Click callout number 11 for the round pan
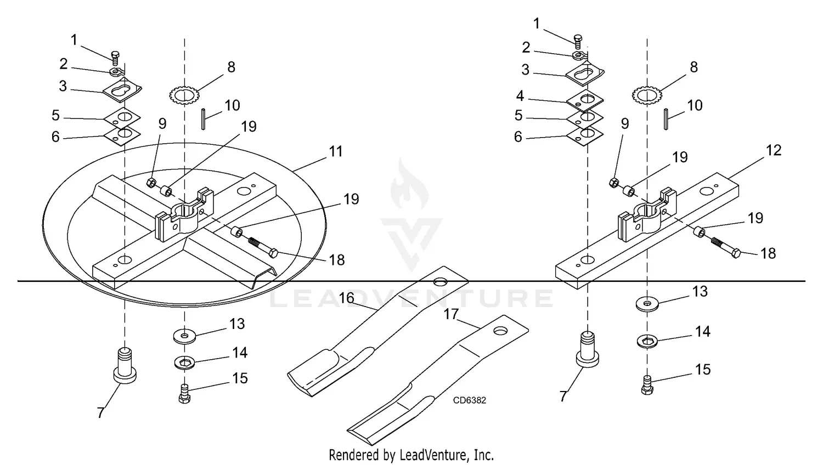point(335,152)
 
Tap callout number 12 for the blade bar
point(774,151)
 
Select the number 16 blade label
point(346,298)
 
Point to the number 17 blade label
point(451,314)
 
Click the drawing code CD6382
point(469,400)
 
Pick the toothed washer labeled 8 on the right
point(647,96)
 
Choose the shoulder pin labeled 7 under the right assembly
point(588,350)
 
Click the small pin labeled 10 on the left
point(203,120)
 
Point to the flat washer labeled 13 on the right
point(648,304)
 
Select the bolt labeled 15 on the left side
point(185,395)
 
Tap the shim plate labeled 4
point(585,100)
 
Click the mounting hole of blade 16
point(438,282)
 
